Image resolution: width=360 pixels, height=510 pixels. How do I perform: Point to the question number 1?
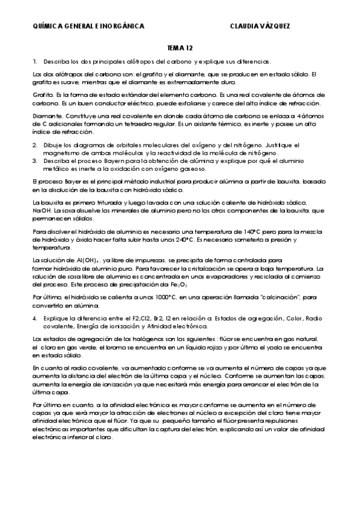(x=35, y=62)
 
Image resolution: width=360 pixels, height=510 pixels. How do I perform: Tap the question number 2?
(x=35, y=146)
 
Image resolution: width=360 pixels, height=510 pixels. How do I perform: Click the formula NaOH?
(x=43, y=210)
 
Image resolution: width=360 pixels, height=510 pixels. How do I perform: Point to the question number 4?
(x=35, y=317)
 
